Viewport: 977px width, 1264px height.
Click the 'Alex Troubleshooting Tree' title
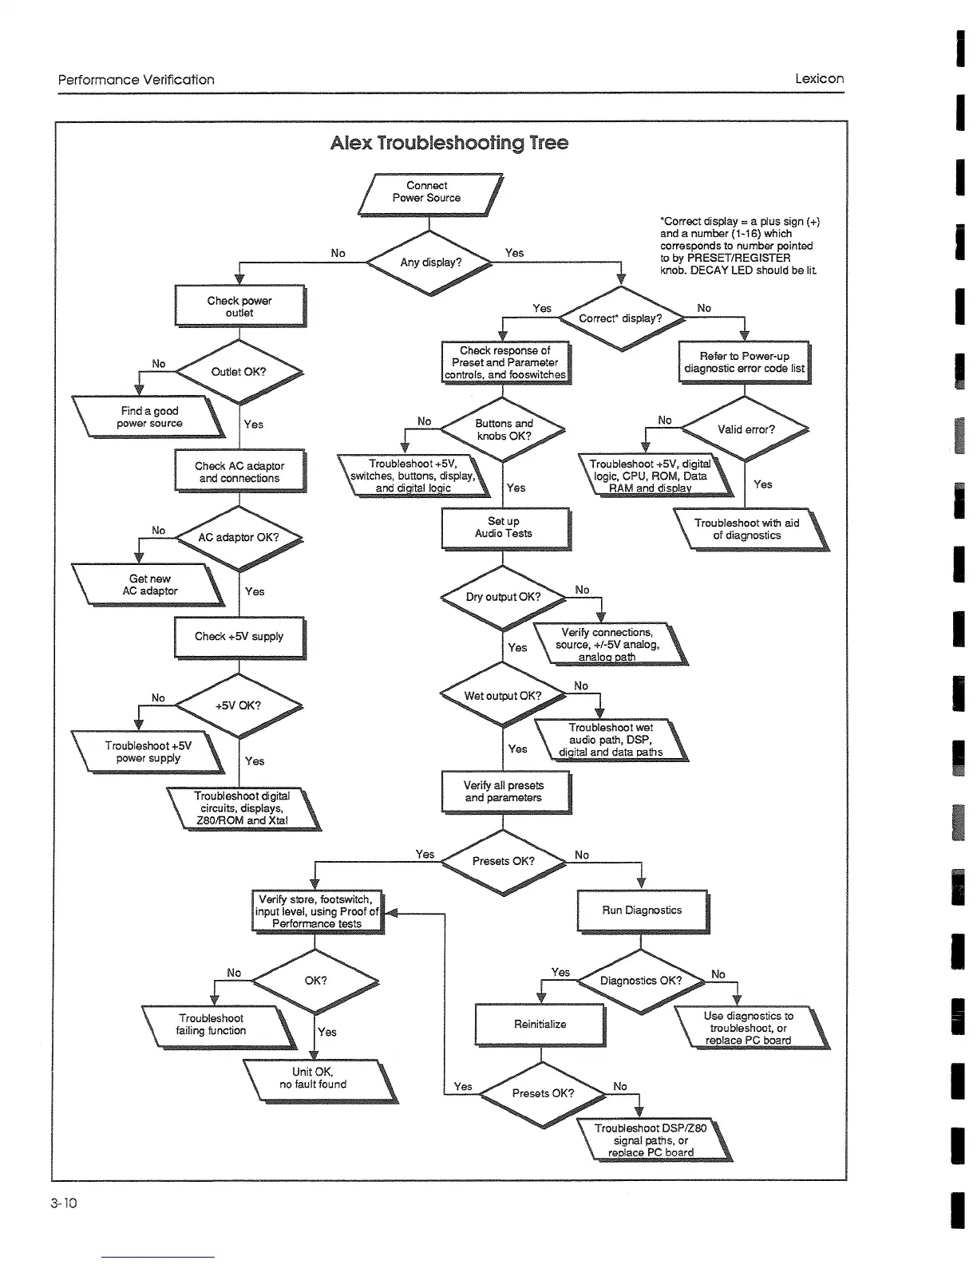point(449,143)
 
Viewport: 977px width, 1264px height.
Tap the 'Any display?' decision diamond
point(430,263)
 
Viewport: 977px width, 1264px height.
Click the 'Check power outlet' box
point(239,306)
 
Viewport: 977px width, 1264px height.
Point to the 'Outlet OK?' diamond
point(239,372)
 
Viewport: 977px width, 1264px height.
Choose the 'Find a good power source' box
point(149,417)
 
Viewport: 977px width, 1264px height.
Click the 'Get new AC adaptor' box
point(149,585)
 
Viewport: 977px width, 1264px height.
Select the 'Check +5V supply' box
point(239,637)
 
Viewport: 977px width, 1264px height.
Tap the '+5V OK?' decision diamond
point(238,705)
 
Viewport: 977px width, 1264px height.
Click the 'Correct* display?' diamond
point(620,318)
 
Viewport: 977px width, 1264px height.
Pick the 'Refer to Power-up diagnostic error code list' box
point(744,362)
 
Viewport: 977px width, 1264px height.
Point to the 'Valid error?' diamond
point(746,429)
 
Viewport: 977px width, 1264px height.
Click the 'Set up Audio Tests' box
point(504,527)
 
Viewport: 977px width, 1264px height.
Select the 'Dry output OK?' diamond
point(503,597)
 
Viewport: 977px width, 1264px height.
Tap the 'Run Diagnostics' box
point(642,910)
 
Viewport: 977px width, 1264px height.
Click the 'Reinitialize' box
point(540,1025)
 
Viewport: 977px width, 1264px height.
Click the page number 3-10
point(63,1203)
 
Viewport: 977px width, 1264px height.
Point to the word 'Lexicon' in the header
point(819,79)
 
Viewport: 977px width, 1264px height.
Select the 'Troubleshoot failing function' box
point(212,1025)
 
